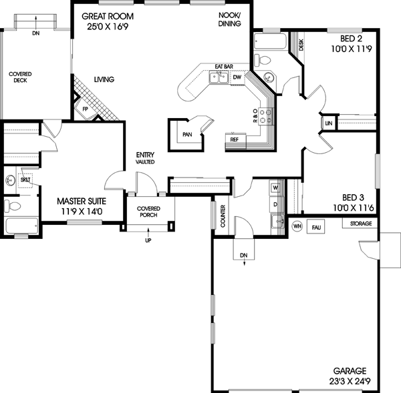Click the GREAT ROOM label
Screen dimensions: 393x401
point(107,16)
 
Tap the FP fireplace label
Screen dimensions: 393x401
point(86,109)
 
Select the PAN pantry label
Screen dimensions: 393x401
point(186,133)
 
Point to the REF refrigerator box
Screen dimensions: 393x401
point(235,140)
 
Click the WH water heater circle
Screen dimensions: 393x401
point(297,226)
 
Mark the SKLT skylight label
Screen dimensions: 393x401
point(25,180)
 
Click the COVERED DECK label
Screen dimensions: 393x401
point(20,77)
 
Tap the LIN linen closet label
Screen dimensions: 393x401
point(328,124)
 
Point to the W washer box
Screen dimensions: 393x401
point(275,188)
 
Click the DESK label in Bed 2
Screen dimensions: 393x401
point(302,45)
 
